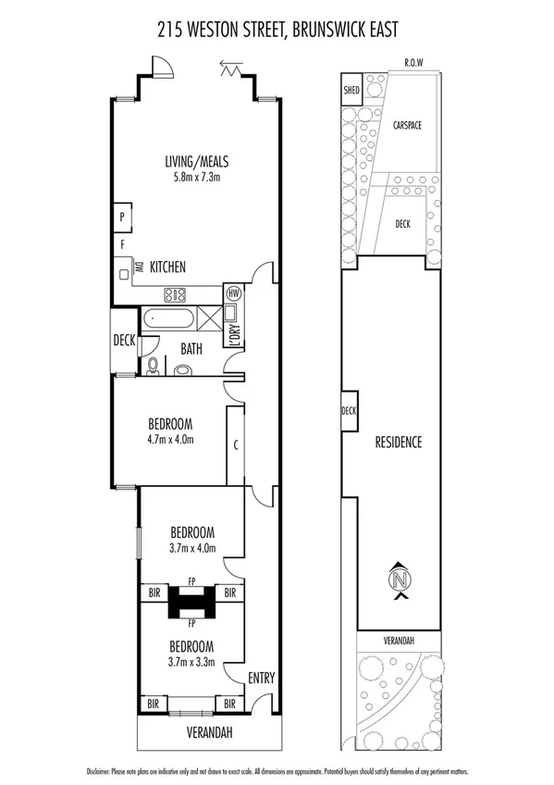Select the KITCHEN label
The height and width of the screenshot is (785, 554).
click(167, 267)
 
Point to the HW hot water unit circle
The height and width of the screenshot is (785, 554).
click(233, 293)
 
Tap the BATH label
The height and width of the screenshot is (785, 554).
click(191, 349)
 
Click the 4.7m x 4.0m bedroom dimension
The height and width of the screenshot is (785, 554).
click(170, 440)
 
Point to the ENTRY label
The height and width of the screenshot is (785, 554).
click(261, 678)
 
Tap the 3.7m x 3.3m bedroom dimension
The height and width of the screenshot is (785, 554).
click(192, 662)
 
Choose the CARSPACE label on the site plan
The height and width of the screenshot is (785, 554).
click(407, 125)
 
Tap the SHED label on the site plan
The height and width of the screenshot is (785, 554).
click(351, 91)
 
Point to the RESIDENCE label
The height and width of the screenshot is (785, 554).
click(399, 442)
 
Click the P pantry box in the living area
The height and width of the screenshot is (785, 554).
click(122, 216)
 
